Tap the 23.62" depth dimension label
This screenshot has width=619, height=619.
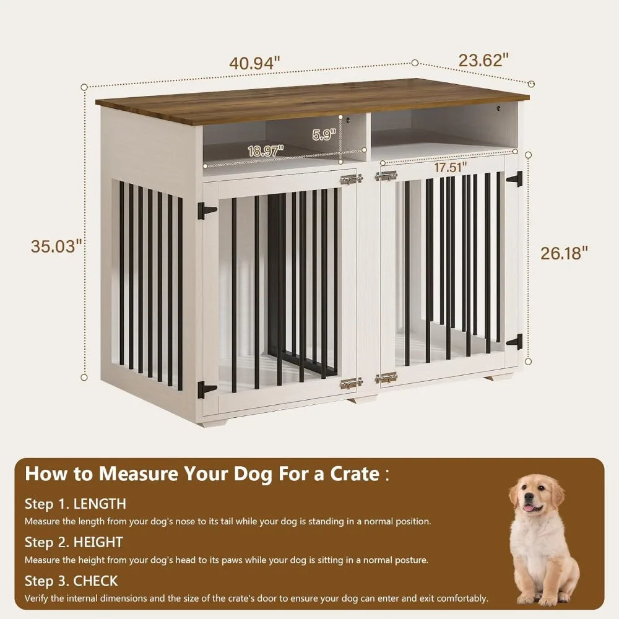point(484,60)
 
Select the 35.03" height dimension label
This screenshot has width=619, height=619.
point(57,246)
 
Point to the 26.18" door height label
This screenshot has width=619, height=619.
point(563,253)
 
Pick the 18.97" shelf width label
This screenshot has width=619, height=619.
point(266,150)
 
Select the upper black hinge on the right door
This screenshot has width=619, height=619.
point(515,180)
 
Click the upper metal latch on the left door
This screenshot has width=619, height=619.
point(352,180)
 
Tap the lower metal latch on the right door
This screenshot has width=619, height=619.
point(386,378)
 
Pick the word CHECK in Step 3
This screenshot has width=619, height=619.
point(95,581)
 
